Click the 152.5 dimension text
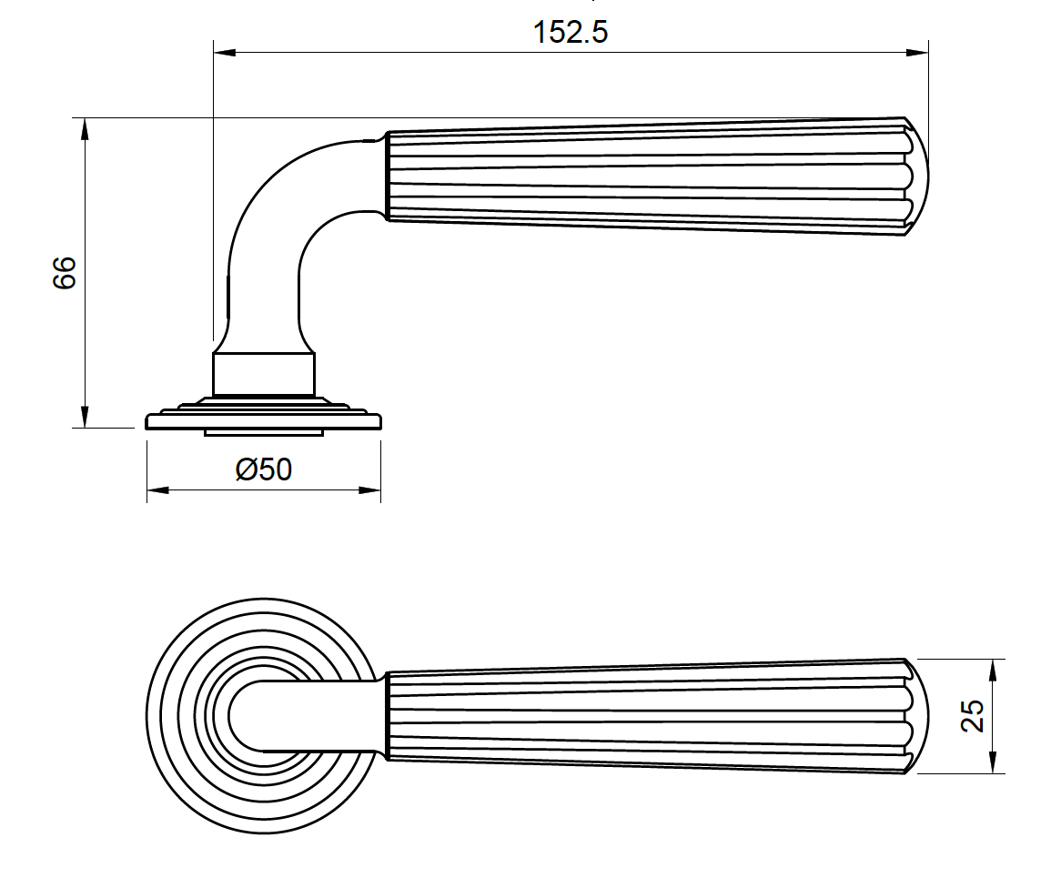[571, 33]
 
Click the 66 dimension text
[65, 273]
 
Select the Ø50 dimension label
[264, 470]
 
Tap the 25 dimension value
[973, 716]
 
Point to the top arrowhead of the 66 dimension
[85, 128]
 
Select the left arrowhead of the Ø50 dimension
[157, 491]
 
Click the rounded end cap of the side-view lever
[919, 177]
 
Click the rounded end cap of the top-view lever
[919, 716]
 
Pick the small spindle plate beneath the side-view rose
[264, 432]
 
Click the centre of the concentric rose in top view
[264, 716]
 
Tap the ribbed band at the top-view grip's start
[389, 716]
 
